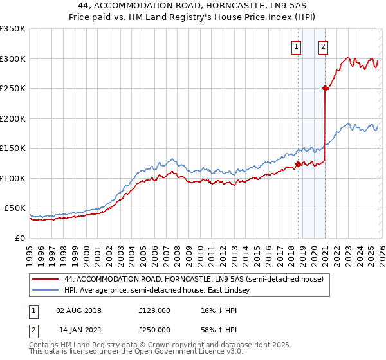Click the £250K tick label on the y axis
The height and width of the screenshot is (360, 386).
(13, 89)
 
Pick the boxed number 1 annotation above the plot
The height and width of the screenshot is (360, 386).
(296, 46)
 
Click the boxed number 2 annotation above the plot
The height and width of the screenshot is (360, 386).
(323, 46)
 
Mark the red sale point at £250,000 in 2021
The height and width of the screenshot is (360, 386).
(326, 89)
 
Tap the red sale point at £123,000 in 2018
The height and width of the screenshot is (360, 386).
(299, 165)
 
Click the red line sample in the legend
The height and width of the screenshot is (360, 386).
(46, 280)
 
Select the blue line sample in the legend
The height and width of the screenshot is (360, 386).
(46, 291)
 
